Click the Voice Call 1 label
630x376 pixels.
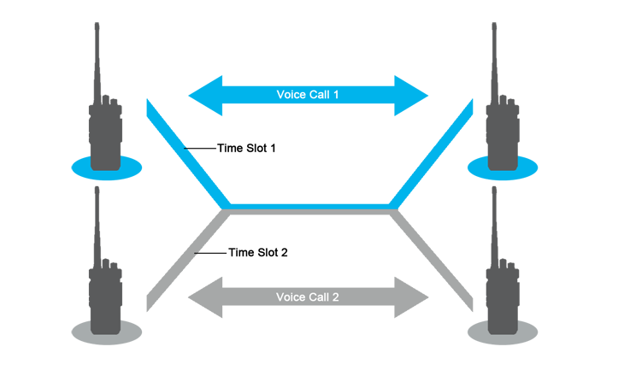[308, 94]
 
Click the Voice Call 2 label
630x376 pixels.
[308, 297]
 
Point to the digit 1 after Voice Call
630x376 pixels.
[336, 94]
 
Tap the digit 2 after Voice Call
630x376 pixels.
[336, 297]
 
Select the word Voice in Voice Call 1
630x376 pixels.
[290, 94]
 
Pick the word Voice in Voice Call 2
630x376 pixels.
[290, 297]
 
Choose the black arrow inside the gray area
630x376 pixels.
[256, 251]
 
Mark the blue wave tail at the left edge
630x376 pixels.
[81, 162]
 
